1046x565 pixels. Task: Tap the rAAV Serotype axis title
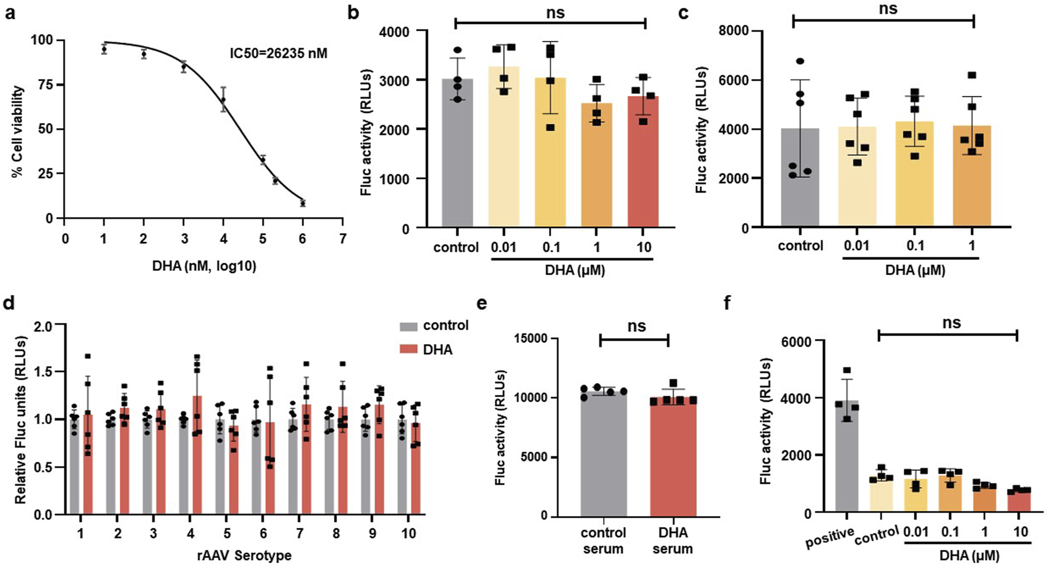pyautogui.click(x=244, y=556)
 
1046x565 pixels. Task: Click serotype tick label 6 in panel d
pyautogui.click(x=263, y=533)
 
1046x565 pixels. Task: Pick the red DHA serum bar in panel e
pyautogui.click(x=673, y=458)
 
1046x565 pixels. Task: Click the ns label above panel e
pyautogui.click(x=636, y=326)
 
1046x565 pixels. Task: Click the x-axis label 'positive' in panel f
pyautogui.click(x=829, y=537)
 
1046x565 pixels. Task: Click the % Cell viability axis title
pyautogui.click(x=18, y=131)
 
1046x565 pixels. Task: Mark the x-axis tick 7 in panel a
pyautogui.click(x=342, y=239)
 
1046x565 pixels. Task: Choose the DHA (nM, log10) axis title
pyautogui.click(x=204, y=266)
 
